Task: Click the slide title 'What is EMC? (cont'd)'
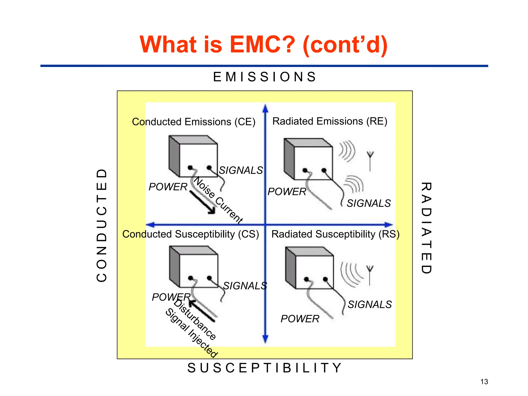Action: pyautogui.click(x=263, y=44)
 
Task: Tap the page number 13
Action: pyautogui.click(x=484, y=382)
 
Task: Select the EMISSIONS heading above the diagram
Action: pyautogui.click(x=265, y=77)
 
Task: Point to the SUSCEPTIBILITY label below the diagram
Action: pyautogui.click(x=265, y=368)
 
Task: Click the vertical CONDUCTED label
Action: pyautogui.click(x=102, y=225)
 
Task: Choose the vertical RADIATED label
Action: pyautogui.click(x=426, y=228)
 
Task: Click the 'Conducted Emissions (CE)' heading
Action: pyautogui.click(x=194, y=122)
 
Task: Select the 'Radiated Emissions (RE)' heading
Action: pyautogui.click(x=330, y=121)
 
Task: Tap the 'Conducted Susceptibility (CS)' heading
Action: pyautogui.click(x=191, y=234)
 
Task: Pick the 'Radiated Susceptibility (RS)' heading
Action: pyautogui.click(x=335, y=234)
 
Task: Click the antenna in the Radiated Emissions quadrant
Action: pyautogui.click(x=370, y=161)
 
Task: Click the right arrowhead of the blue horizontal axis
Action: pyautogui.click(x=389, y=225)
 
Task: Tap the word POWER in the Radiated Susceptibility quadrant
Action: pyautogui.click(x=300, y=319)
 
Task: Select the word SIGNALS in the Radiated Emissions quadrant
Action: pyautogui.click(x=369, y=203)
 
